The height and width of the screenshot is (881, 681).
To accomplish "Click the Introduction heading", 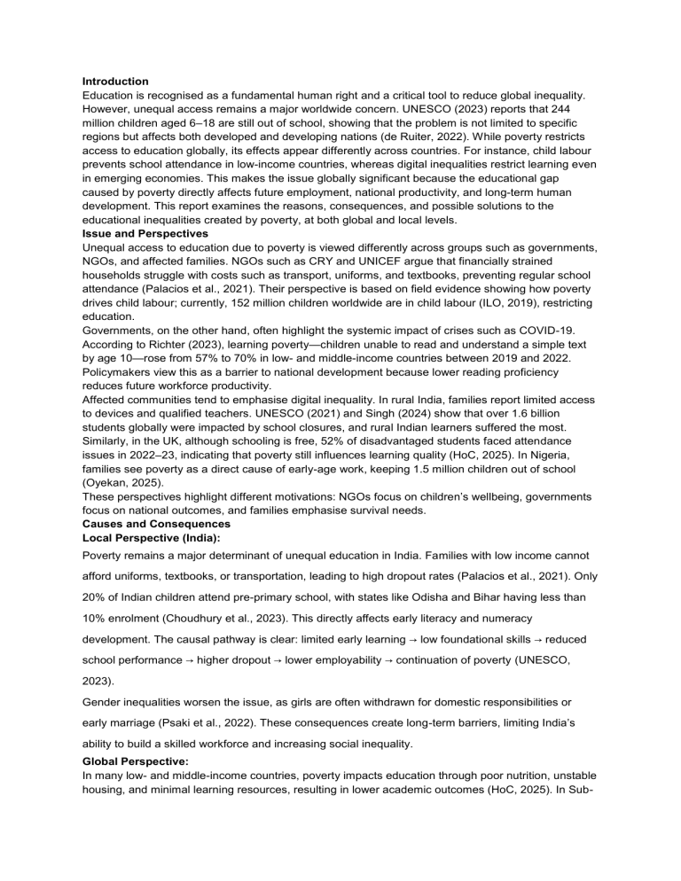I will click(114, 82).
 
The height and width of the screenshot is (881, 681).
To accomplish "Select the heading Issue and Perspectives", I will click(145, 233).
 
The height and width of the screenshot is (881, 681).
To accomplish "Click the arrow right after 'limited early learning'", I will click(412, 638).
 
